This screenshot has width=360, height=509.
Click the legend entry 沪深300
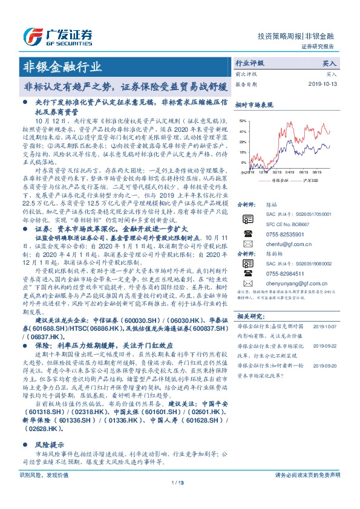pyautogui.click(x=310, y=180)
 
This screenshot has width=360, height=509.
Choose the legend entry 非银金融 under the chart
pyautogui.click(x=277, y=180)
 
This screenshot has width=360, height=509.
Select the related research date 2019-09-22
pyautogui.click(x=325, y=363)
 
